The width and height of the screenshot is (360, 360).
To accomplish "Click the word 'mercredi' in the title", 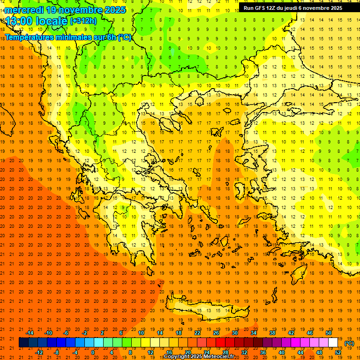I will (x=24, y=9).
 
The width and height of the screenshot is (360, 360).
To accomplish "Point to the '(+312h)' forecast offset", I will (x=83, y=21).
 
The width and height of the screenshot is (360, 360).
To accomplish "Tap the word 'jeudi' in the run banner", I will (x=291, y=8).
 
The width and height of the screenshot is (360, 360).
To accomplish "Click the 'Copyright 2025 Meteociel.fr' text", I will (x=199, y=357).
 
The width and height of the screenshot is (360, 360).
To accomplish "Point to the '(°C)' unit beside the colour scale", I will (x=349, y=343).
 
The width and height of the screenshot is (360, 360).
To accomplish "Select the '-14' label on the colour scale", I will (x=30, y=333).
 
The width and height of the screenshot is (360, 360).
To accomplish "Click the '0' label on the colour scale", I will (x=93, y=352).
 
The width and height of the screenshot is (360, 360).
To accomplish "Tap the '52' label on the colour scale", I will (x=338, y=352).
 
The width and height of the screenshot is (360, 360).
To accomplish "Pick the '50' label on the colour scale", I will (x=329, y=333).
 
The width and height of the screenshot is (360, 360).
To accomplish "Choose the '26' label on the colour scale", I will (x=216, y=333).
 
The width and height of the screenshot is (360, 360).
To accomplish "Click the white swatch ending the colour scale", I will (x=333, y=343).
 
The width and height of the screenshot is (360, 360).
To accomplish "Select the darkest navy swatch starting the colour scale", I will (x=23, y=343).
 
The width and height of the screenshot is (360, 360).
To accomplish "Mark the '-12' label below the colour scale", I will (x=39, y=352).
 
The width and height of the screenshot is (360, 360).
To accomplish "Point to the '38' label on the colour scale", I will (x=272, y=333).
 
